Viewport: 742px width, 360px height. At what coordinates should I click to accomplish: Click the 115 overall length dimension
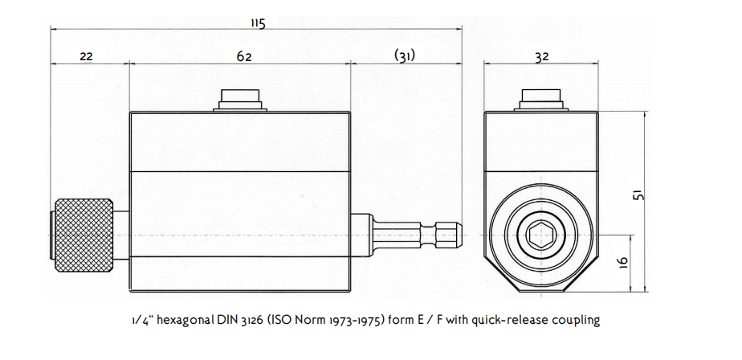pos(257,23)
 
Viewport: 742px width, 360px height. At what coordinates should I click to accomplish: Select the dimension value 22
pos(88,56)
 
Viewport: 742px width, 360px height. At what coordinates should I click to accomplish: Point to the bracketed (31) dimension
pos(405,56)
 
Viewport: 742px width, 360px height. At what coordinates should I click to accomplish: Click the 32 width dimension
pos(541,56)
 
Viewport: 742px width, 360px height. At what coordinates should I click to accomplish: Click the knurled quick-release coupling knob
pos(84,234)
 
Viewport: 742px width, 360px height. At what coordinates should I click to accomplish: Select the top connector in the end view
pos(541,100)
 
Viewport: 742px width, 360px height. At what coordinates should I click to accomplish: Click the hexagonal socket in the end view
pos(541,235)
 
